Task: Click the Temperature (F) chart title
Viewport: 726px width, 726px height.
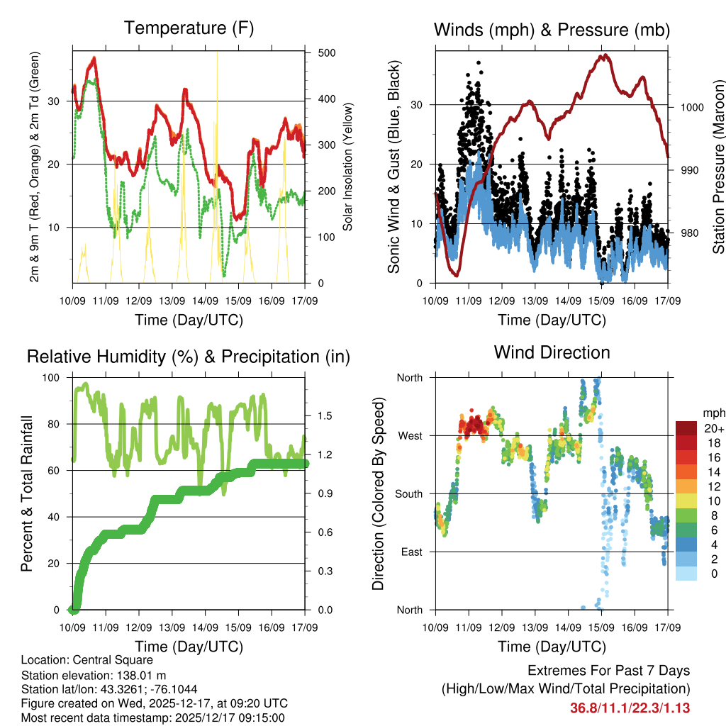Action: click(189, 28)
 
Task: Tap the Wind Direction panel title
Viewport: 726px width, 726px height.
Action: click(552, 352)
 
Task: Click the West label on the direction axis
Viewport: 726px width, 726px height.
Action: click(409, 435)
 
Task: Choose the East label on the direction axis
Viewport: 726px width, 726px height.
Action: click(411, 552)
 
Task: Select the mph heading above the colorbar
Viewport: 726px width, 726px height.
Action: click(713, 413)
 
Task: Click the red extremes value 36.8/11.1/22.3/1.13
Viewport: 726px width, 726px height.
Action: click(630, 708)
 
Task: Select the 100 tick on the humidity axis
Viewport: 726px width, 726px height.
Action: click(52, 378)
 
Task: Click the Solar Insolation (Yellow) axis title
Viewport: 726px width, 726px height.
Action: click(348, 168)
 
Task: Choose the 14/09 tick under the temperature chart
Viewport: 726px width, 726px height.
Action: click(206, 300)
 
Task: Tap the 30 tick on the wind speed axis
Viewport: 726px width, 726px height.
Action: click(417, 105)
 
